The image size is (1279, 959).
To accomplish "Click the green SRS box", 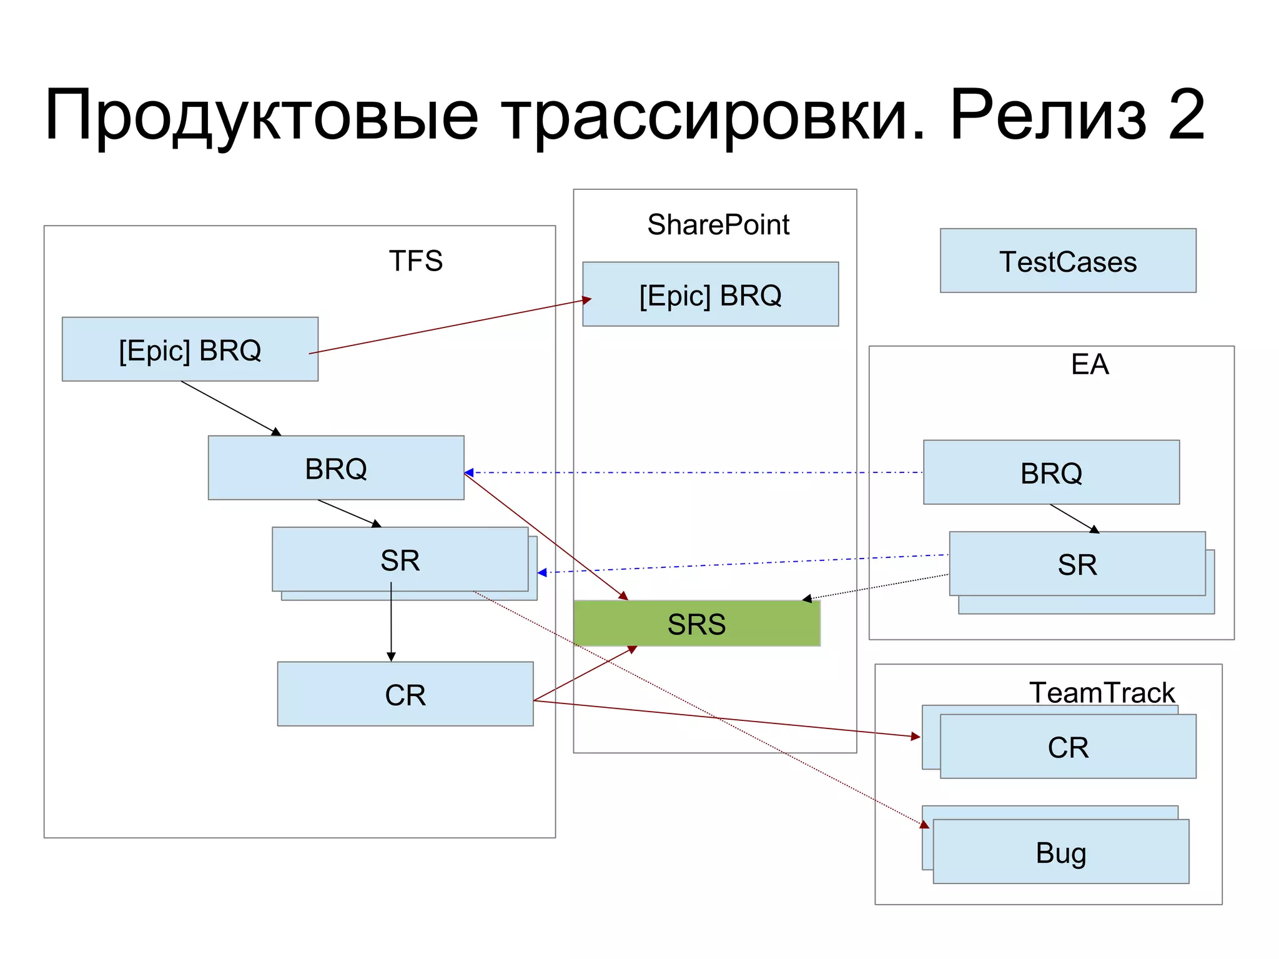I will click(696, 624).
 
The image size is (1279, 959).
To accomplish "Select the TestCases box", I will click(1068, 261).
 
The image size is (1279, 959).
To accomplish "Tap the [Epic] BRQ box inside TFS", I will click(190, 349).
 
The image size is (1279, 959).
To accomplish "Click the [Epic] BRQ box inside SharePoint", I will click(710, 294).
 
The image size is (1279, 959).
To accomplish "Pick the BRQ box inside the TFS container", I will click(335, 468).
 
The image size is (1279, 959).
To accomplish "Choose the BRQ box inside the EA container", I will click(1051, 472).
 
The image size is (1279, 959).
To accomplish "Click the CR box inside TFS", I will click(405, 694).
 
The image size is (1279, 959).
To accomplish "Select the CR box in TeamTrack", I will click(1068, 747).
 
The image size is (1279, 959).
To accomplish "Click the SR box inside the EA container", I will click(1077, 564).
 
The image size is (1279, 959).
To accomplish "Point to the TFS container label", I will click(415, 261).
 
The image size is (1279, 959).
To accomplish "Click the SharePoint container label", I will click(718, 224).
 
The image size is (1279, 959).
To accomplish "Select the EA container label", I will click(1090, 364).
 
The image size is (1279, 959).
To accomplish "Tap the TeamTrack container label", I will click(1102, 692).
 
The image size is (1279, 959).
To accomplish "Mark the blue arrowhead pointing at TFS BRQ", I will click(469, 473).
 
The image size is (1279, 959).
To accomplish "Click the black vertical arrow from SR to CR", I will click(391, 625).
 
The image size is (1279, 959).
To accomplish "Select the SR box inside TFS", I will click(400, 560).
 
